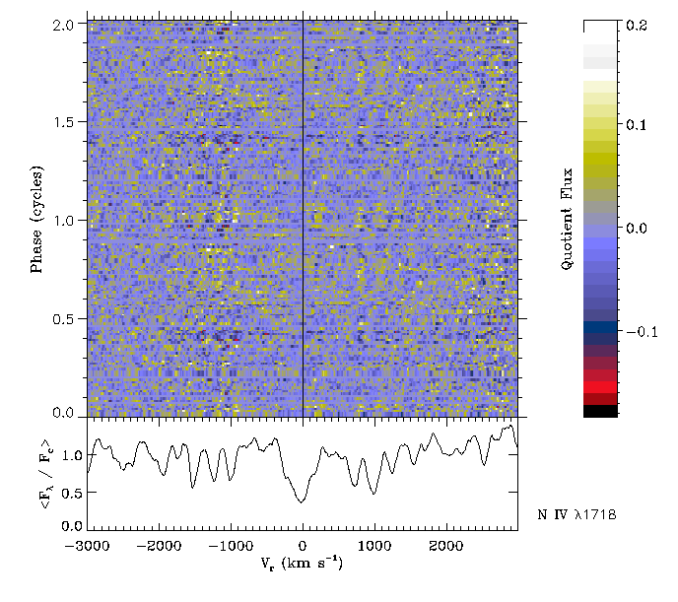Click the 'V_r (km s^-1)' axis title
click(x=303, y=567)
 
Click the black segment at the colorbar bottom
click(x=600, y=412)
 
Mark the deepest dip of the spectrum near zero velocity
click(x=300, y=502)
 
